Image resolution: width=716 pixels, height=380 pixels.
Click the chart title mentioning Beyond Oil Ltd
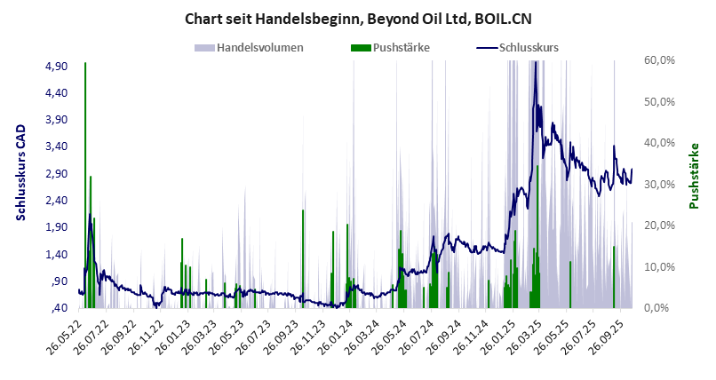click(357, 18)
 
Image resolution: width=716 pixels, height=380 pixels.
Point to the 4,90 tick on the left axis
click(56, 67)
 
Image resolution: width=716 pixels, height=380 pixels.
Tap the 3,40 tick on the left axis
click(56, 146)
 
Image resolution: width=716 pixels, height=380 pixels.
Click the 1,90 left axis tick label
click(56, 227)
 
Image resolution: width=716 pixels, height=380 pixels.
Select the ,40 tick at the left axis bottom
click(59, 308)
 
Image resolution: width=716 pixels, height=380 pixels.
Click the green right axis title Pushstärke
click(694, 176)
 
